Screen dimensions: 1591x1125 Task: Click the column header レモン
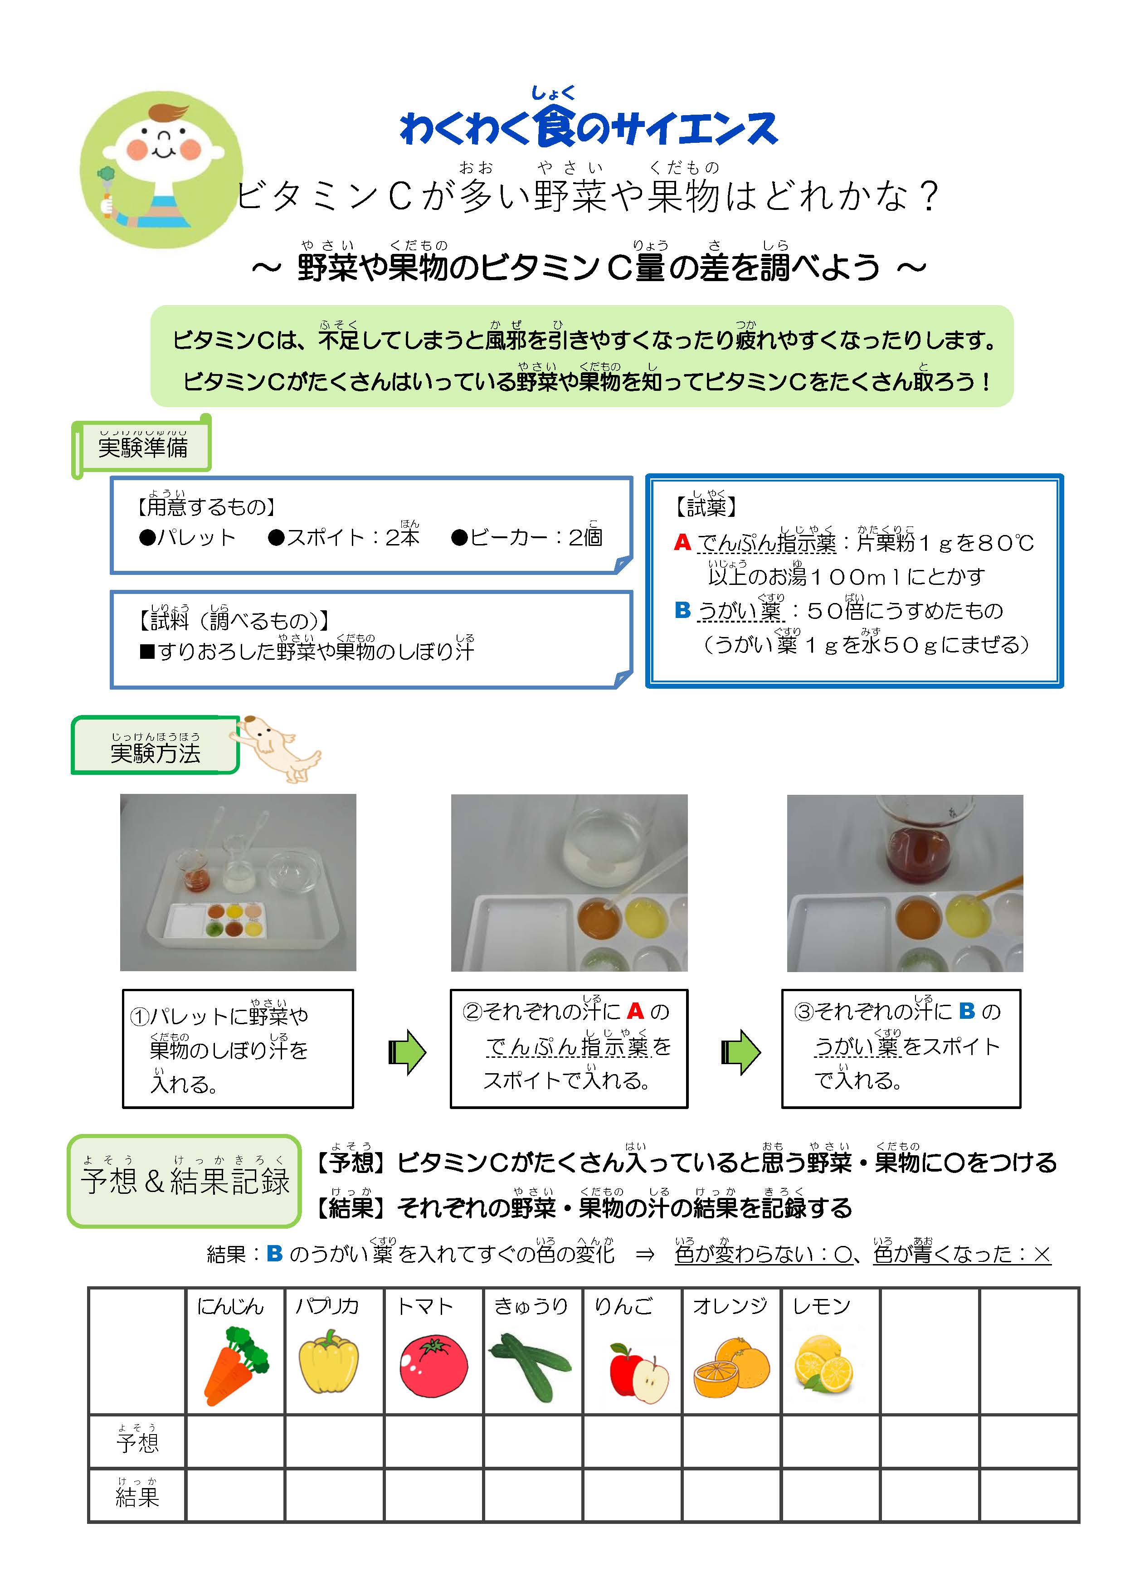pyautogui.click(x=821, y=1306)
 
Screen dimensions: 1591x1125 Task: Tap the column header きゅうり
pyautogui.click(x=531, y=1306)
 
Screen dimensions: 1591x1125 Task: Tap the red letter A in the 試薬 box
pyautogui.click(x=682, y=542)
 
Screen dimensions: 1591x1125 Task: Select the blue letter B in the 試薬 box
pyautogui.click(x=682, y=610)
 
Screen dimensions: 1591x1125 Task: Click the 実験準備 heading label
pyautogui.click(x=143, y=447)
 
